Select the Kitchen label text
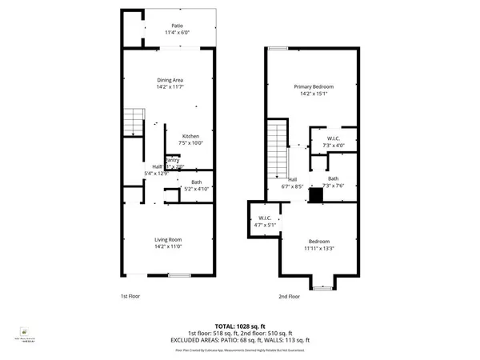click(x=192, y=135)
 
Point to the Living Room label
click(x=169, y=238)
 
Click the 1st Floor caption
click(x=131, y=296)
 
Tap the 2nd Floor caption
click(x=289, y=296)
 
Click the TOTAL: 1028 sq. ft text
click(x=239, y=326)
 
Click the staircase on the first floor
click(x=132, y=122)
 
